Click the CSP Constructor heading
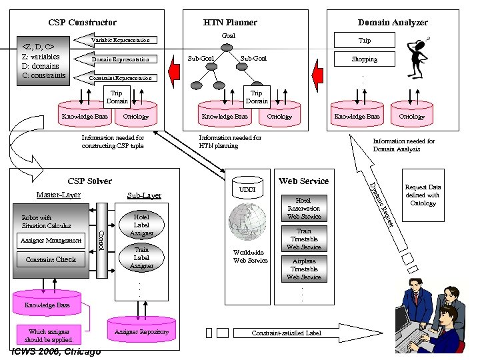[x=82, y=23]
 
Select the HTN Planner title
[x=230, y=23]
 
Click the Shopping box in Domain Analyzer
[x=364, y=59]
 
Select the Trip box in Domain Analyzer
[x=364, y=41]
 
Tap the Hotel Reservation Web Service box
[x=303, y=208]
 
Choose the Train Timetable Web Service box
[x=303, y=239]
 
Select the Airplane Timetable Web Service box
[x=303, y=269]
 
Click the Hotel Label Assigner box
[x=141, y=225]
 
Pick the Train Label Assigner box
[x=141, y=257]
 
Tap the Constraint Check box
[x=51, y=259]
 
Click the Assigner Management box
[x=51, y=240]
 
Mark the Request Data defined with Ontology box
[x=423, y=195]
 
